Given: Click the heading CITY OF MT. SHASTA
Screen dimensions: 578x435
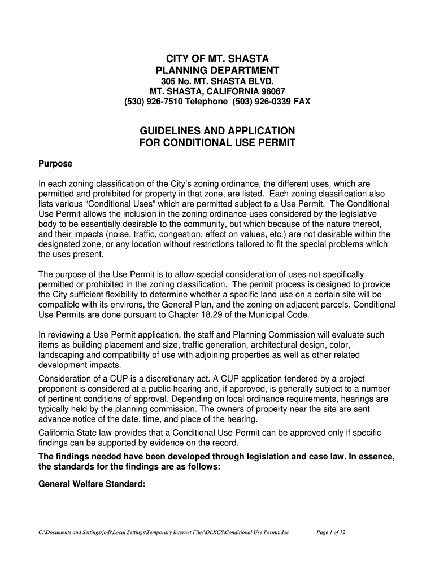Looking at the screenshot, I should point(217,59).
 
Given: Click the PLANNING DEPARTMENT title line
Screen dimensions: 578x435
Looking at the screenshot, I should point(217,71).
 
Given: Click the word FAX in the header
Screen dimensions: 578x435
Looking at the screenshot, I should point(301,102).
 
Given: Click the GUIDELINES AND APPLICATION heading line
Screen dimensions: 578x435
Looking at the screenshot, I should point(217,131).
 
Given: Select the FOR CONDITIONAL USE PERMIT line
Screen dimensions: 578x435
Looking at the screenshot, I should point(217,143).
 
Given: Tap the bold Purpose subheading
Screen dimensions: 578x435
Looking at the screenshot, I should point(55,164).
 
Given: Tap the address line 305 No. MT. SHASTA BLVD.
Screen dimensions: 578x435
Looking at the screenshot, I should point(217,81).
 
